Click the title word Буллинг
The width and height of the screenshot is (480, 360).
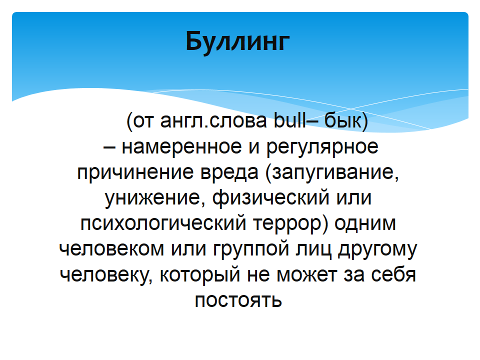(237, 41)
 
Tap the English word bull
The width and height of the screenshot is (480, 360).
(289, 120)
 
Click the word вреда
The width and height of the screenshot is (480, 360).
(229, 172)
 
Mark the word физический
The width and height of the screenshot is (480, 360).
(271, 198)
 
